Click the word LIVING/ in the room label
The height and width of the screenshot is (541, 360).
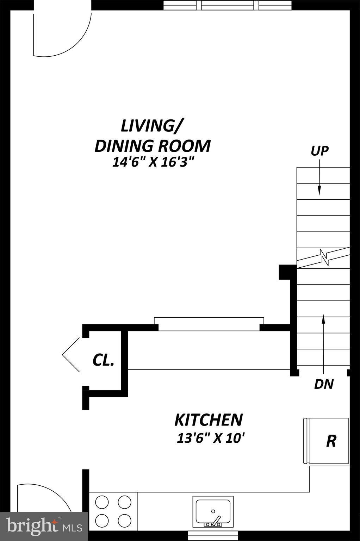point(152,126)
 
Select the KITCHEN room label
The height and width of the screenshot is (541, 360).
point(209,420)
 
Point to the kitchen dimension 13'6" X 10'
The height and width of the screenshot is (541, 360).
point(211,438)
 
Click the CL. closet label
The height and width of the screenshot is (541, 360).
point(103,360)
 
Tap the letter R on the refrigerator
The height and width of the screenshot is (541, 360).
point(331,441)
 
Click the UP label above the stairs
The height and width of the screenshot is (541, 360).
point(319,151)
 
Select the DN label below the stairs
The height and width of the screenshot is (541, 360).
point(323,384)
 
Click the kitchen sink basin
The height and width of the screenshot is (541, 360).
point(213,511)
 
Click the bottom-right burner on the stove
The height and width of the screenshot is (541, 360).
point(124,520)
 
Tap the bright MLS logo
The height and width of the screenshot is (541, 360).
point(44,527)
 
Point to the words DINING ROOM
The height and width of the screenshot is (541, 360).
point(153,146)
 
